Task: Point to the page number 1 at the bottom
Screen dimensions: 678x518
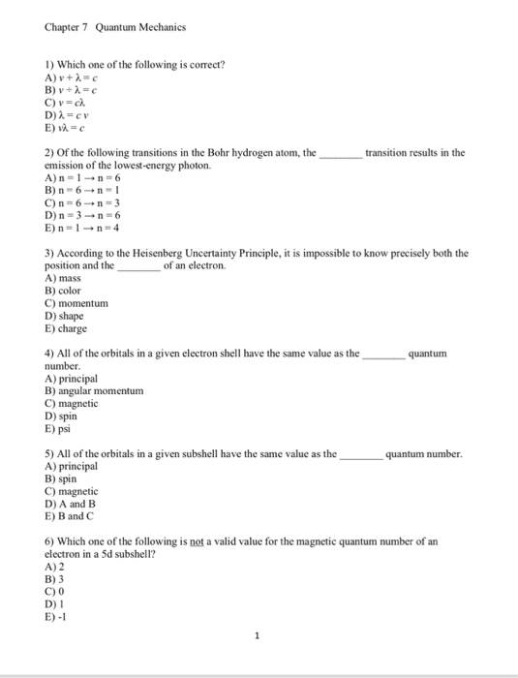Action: (x=258, y=636)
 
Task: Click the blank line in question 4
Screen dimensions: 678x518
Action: (x=382, y=354)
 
